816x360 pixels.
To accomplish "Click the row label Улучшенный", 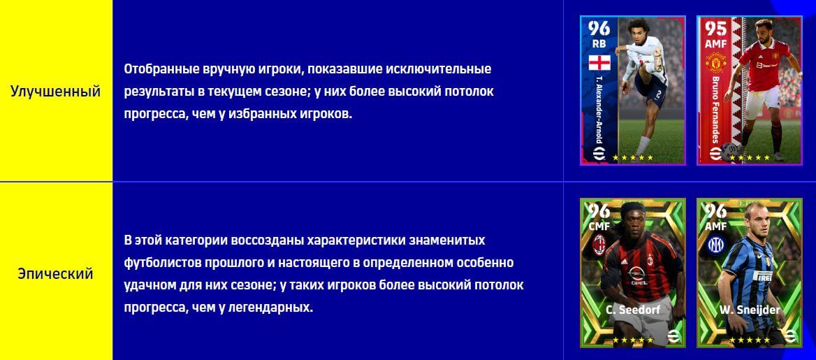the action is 56,92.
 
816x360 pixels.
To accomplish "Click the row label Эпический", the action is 56,273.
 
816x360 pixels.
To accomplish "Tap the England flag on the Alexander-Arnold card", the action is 599,62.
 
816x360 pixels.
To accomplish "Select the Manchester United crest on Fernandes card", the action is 715,62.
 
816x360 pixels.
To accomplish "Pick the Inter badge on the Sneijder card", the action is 715,244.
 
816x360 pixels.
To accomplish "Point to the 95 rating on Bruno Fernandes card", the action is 715,28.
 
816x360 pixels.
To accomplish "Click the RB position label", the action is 599,44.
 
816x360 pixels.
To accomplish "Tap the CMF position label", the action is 599,226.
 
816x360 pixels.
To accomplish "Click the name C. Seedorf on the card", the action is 633,310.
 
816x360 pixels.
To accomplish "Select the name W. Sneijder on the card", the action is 750,310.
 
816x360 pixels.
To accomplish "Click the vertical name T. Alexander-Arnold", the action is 599,110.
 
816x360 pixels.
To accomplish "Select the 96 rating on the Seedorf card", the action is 599,211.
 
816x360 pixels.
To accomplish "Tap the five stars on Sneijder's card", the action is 749,340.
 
